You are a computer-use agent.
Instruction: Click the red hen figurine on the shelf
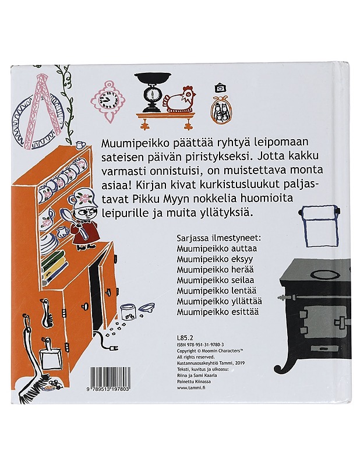(180, 101)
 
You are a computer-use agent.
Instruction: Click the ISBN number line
(204, 345)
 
